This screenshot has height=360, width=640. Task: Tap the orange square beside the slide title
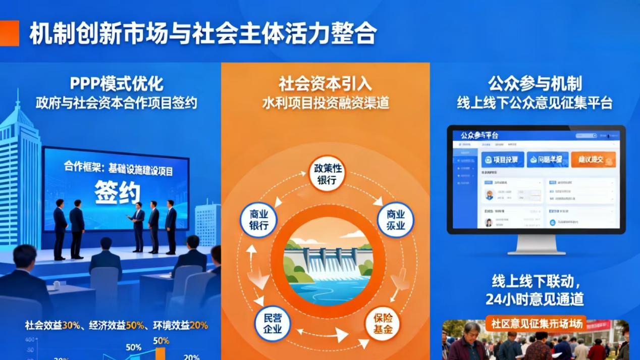9,33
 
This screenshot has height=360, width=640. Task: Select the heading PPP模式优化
117,83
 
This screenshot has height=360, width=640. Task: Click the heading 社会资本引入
326,83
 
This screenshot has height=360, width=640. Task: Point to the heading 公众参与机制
535,83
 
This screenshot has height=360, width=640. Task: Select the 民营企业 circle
272,324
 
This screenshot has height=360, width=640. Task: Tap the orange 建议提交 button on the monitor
593,160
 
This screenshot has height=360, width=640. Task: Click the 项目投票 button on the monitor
502,160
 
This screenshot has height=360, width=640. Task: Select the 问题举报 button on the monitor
548,160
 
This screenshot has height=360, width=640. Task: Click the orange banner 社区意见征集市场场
536,324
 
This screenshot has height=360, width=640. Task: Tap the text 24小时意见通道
535,299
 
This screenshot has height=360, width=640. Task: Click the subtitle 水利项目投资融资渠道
326,103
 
